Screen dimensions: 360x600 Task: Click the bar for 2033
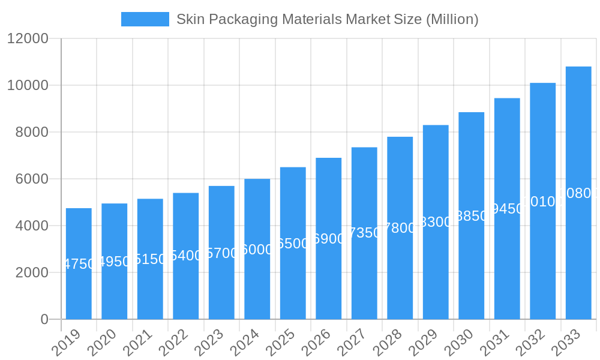pos(578,252)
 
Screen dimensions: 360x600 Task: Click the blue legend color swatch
pos(145,19)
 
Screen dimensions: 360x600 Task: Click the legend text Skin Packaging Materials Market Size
pos(327,19)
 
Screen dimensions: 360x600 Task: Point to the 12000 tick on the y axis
pos(27,39)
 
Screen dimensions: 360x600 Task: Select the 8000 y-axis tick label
pos(32,133)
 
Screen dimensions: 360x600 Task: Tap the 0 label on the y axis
pos(44,320)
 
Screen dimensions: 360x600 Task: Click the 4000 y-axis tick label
pos(32,226)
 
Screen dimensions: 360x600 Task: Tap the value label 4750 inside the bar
pos(79,264)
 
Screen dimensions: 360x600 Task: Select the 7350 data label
pos(364,233)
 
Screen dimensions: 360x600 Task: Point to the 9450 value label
pos(507,209)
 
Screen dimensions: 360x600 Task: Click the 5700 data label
pos(221,253)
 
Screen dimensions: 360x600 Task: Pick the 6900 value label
pos(329,239)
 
